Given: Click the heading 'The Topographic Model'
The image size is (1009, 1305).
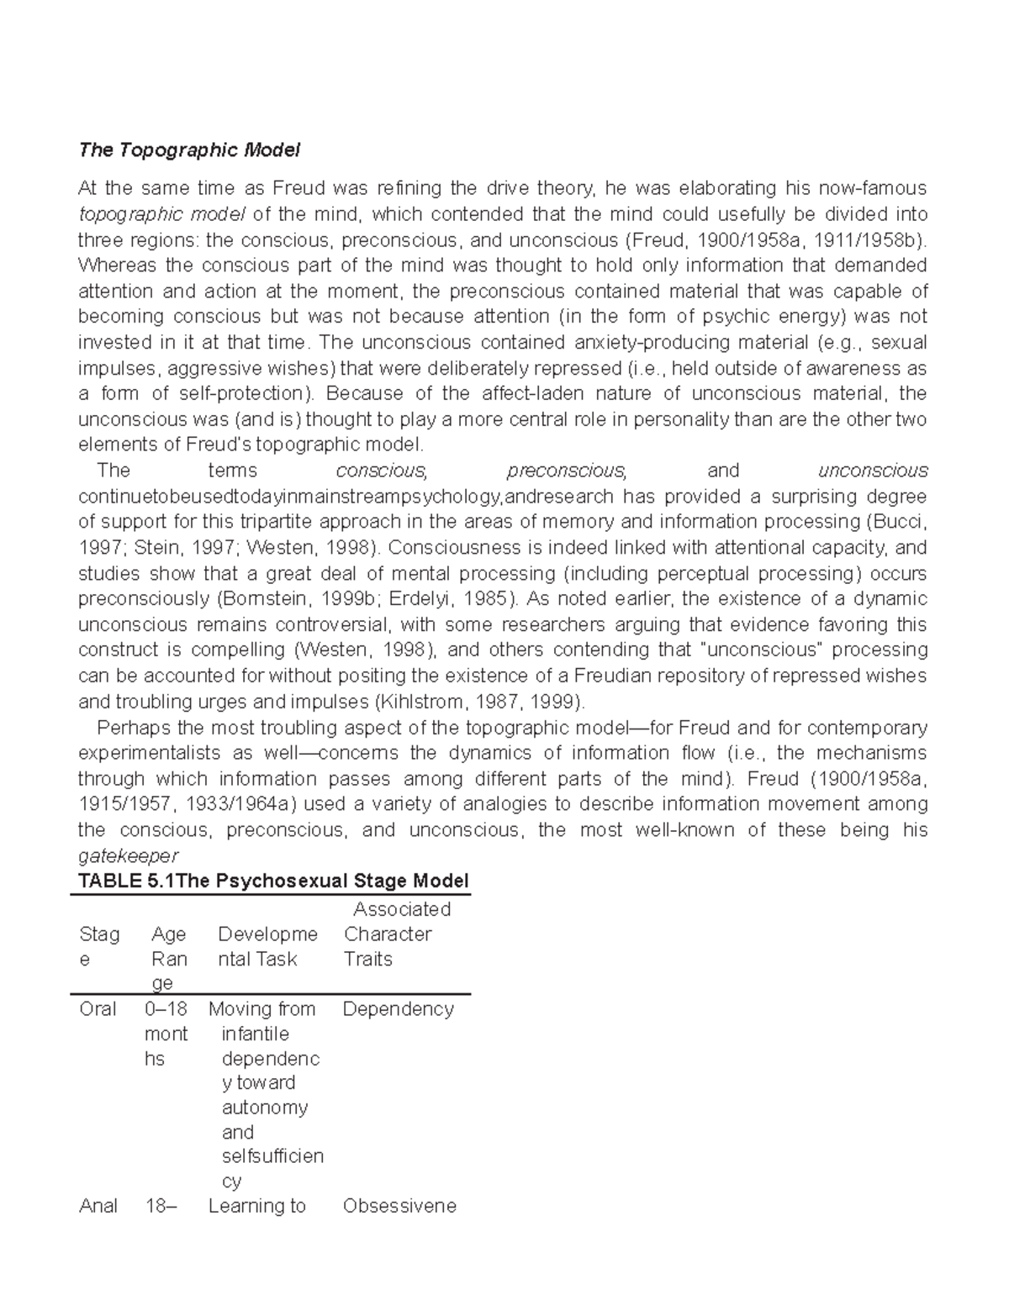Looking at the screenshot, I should click(x=188, y=150).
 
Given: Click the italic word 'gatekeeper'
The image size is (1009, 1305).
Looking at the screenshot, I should click(x=128, y=856).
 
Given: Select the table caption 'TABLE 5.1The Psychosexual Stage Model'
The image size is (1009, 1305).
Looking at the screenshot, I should click(x=272, y=881).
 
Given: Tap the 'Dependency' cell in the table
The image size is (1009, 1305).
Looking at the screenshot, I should click(x=398, y=1009).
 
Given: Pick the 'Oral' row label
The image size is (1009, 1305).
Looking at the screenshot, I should click(x=98, y=1009).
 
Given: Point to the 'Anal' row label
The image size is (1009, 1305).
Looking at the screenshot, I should click(x=98, y=1206).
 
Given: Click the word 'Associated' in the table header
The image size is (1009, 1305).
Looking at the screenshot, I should click(x=402, y=909).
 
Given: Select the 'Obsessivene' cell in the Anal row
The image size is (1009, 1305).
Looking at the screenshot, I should click(x=399, y=1206).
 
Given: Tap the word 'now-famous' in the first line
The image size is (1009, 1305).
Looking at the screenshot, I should click(x=874, y=188).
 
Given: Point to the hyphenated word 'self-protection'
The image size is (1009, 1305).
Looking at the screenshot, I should click(x=242, y=394).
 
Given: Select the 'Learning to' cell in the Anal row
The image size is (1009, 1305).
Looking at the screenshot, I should click(x=256, y=1206).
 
